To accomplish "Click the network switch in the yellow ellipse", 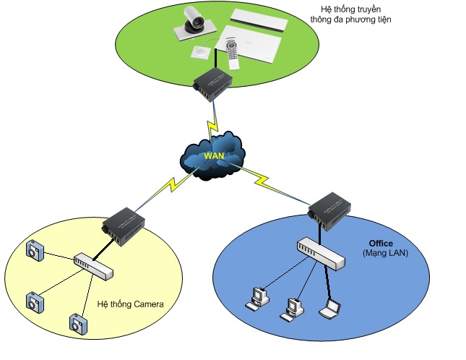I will tap(93, 265).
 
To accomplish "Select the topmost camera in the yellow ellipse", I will tap(35, 250).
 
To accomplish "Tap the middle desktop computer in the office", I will tap(293, 308).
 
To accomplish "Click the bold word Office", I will tap(381, 244).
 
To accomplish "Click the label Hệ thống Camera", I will tap(130, 304).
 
